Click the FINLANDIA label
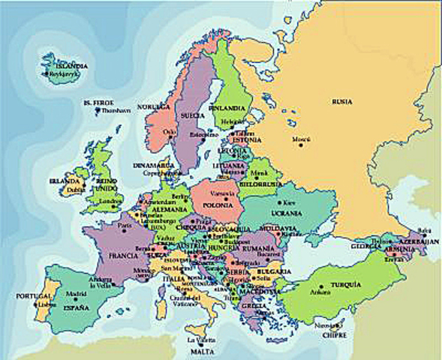[x=227, y=105]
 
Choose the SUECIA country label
[x=192, y=116]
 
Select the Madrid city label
[x=76, y=294]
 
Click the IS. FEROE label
[x=98, y=101]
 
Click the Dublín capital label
[x=76, y=190]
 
